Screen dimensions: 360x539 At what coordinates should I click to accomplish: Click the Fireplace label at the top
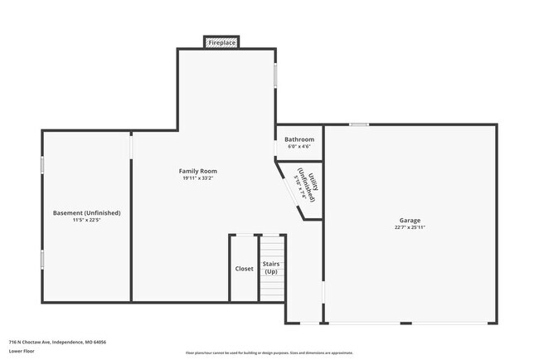(221, 41)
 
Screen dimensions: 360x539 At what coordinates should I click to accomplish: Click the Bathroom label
(299, 139)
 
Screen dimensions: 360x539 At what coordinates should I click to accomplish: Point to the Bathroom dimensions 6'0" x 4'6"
(299, 147)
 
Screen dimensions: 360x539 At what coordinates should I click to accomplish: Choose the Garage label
(410, 220)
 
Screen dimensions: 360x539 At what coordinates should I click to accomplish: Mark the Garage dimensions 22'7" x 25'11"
(410, 227)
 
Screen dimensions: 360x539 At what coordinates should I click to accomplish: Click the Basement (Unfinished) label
(87, 213)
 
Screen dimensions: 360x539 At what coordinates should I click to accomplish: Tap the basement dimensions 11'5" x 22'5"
(87, 221)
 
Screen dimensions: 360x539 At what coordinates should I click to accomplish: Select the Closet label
(245, 269)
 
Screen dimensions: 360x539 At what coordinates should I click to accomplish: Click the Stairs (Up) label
(270, 268)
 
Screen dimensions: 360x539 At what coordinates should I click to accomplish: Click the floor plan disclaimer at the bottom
(269, 353)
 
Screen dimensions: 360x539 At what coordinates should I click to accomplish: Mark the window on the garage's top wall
(358, 125)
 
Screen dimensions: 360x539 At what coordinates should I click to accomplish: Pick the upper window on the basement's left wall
(42, 164)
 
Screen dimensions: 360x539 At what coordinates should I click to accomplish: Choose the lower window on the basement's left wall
(42, 260)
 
